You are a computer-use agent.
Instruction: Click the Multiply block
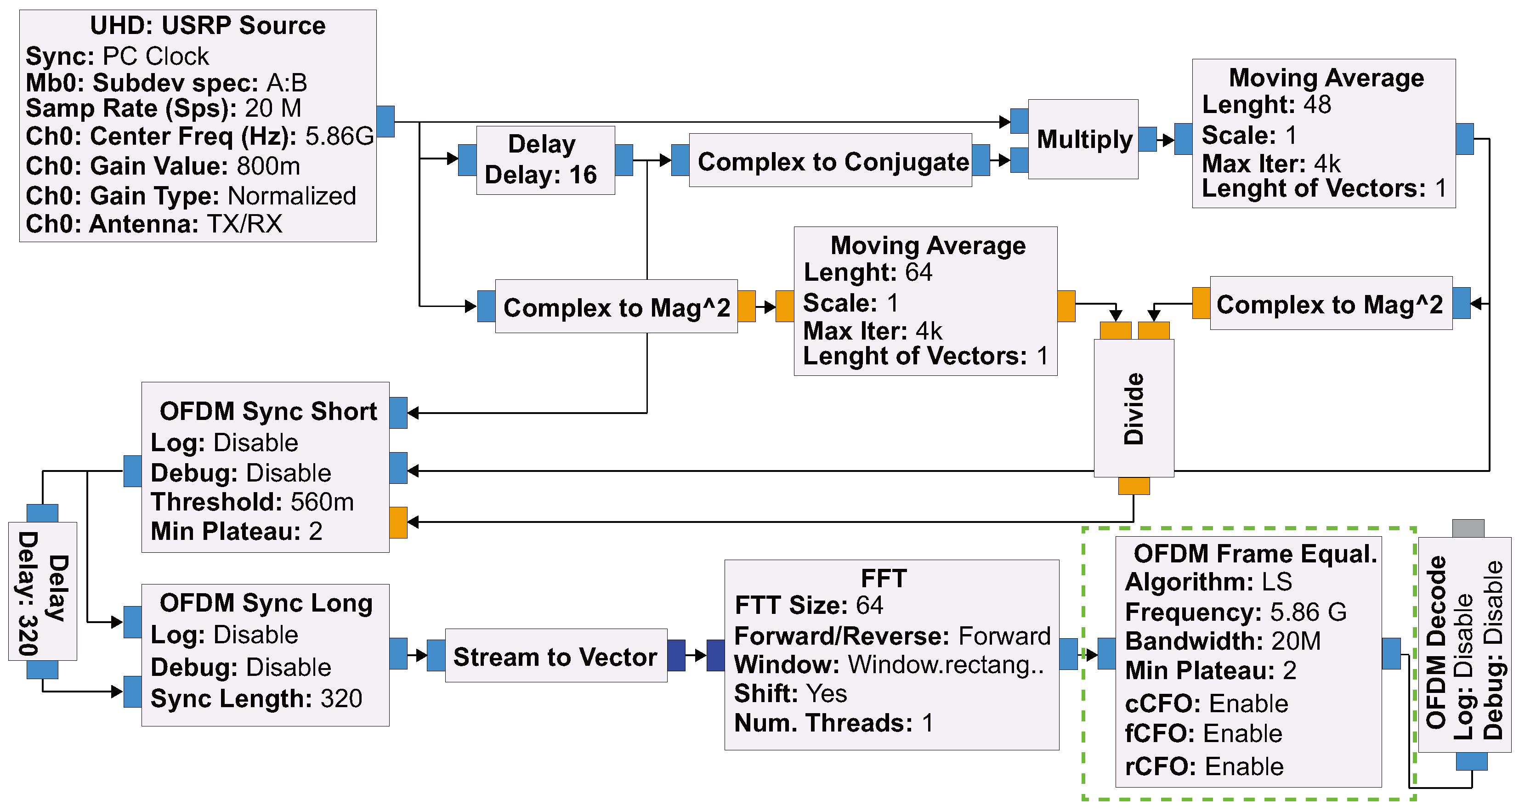click(1083, 139)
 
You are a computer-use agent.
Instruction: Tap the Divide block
click(1134, 408)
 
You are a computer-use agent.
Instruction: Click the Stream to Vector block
click(555, 656)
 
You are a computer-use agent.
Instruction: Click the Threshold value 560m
click(322, 502)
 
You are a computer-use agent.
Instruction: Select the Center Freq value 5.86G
click(339, 136)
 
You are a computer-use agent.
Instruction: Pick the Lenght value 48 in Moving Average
click(1317, 105)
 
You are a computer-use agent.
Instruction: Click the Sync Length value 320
click(341, 698)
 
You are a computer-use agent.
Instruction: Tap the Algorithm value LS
click(1277, 582)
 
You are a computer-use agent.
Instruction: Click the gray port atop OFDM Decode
click(1468, 528)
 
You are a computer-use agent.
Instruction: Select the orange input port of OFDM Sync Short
click(399, 522)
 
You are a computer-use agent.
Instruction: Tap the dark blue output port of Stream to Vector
click(676, 655)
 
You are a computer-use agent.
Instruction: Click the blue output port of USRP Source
click(385, 121)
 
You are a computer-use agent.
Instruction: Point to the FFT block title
click(884, 578)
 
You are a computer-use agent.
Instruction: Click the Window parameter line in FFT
click(889, 665)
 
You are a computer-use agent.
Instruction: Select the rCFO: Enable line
click(1203, 766)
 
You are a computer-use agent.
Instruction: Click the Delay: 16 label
click(540, 175)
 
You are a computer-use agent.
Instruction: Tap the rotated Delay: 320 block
click(42, 591)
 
